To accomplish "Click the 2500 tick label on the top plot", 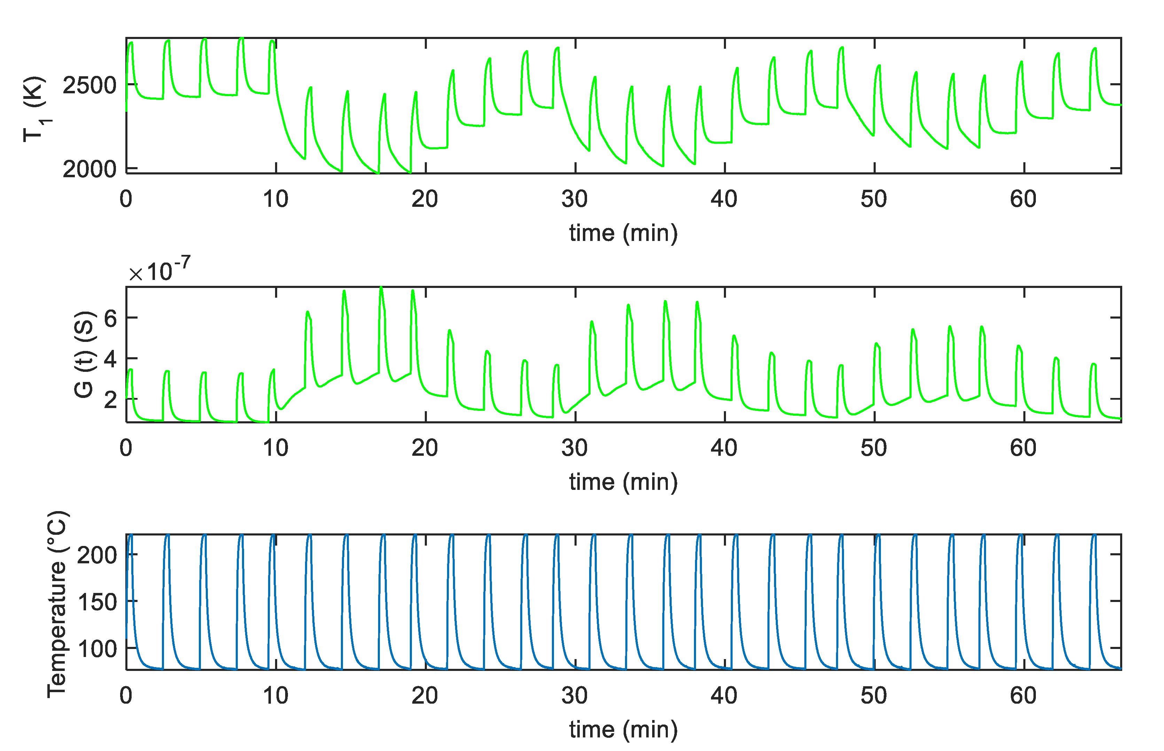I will tap(89, 86).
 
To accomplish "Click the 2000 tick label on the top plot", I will tap(89, 169).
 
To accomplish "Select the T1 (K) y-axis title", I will tap(36, 109).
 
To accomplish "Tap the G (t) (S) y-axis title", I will tap(84, 354).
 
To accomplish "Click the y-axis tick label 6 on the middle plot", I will tap(111, 319).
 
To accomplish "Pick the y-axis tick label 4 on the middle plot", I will tap(111, 359).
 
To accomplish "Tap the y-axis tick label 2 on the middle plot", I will tap(111, 400).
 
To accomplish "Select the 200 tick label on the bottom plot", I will tap(97, 555).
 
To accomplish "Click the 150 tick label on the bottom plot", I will tap(97, 602).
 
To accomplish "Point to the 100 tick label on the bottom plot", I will tap(97, 649).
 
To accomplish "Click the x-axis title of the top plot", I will tap(623, 233).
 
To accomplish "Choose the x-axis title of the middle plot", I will tap(623, 482).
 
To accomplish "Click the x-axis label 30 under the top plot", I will tap(575, 199).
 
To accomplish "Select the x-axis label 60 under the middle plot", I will tap(1023, 448).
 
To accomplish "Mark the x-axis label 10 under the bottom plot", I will tap(275, 695).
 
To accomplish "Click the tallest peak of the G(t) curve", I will tap(381, 288).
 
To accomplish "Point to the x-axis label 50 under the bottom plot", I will tap(873, 695).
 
